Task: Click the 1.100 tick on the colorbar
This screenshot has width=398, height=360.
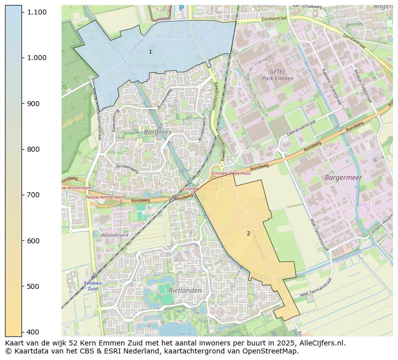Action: click(37, 12)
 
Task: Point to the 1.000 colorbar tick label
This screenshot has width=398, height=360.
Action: click(37, 58)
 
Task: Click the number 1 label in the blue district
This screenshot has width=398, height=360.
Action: click(150, 52)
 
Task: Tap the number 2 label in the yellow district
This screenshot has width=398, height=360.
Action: click(248, 233)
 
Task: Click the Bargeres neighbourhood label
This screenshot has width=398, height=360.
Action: click(157, 132)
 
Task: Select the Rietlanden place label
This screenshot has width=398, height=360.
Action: click(185, 290)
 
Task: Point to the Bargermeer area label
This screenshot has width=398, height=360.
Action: click(343, 178)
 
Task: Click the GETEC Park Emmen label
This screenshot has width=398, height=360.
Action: click(277, 75)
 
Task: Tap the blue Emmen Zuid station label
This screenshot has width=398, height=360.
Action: click(93, 286)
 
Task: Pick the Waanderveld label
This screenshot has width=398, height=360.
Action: click(115, 234)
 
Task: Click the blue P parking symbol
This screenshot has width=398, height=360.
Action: click(181, 8)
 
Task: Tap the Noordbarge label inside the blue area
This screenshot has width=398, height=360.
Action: click(142, 65)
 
